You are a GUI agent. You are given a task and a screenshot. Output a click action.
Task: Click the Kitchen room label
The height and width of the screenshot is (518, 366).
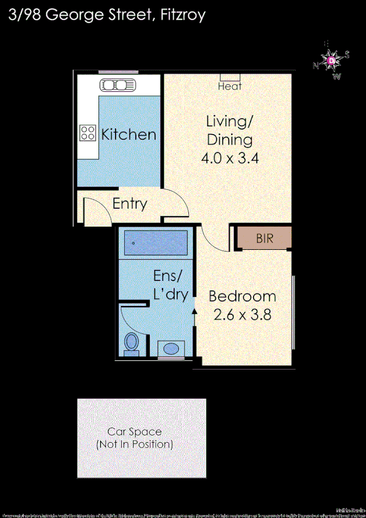128,134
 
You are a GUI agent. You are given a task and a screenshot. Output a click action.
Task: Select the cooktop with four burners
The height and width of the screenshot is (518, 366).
88,133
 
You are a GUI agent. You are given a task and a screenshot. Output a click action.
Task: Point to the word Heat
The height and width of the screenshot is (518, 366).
230,87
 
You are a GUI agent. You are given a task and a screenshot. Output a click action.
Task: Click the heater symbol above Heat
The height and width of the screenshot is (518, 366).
230,78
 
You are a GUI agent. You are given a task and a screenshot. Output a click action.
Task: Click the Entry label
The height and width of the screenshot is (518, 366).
130,203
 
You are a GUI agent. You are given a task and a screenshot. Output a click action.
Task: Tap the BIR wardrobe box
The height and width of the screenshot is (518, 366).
264,238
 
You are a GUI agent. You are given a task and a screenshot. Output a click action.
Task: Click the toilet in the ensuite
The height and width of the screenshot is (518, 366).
131,343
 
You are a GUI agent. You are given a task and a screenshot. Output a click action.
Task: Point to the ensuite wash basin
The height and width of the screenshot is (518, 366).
170,348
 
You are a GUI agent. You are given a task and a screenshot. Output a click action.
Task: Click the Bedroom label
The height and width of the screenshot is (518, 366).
242,297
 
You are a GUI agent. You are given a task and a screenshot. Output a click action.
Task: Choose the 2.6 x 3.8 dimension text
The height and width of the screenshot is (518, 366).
242,315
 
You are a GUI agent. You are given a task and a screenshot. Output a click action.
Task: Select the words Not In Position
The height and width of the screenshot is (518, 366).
134,444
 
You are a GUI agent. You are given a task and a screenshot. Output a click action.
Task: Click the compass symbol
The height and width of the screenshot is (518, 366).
331,60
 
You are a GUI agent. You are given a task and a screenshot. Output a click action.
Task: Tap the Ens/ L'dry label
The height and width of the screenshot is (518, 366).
170,285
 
